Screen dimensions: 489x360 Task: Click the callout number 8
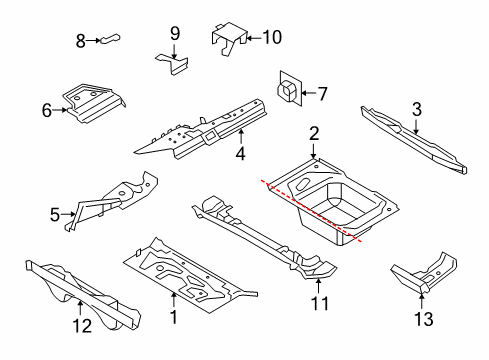pyautogui.click(x=81, y=41)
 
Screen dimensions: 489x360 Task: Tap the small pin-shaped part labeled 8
pyautogui.click(x=110, y=39)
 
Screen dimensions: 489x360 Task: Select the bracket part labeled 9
pyautogui.click(x=173, y=64)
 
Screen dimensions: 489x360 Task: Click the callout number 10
pyautogui.click(x=272, y=37)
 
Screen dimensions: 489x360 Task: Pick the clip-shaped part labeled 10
pyautogui.click(x=230, y=37)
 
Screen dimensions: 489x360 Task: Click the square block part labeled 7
pyautogui.click(x=289, y=89)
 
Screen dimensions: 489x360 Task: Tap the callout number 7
pyautogui.click(x=322, y=94)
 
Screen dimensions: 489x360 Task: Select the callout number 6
pyautogui.click(x=47, y=110)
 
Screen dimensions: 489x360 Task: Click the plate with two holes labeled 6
pyautogui.click(x=93, y=103)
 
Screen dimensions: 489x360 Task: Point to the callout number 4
pyautogui.click(x=240, y=154)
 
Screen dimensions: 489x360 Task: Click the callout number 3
pyautogui.click(x=417, y=110)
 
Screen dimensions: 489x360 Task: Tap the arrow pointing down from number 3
pyautogui.click(x=416, y=126)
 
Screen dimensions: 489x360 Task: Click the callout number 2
pyautogui.click(x=314, y=134)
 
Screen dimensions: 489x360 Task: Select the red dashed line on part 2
pyautogui.click(x=312, y=211)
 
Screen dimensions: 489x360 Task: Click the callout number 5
pyautogui.click(x=55, y=215)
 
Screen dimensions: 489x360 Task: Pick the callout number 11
pyautogui.click(x=320, y=304)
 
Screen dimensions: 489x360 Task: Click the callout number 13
pyautogui.click(x=424, y=319)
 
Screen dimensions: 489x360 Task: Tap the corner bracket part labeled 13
pyautogui.click(x=424, y=274)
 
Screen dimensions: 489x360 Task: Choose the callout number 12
pyautogui.click(x=82, y=326)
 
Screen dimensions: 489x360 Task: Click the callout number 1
pyautogui.click(x=174, y=317)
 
